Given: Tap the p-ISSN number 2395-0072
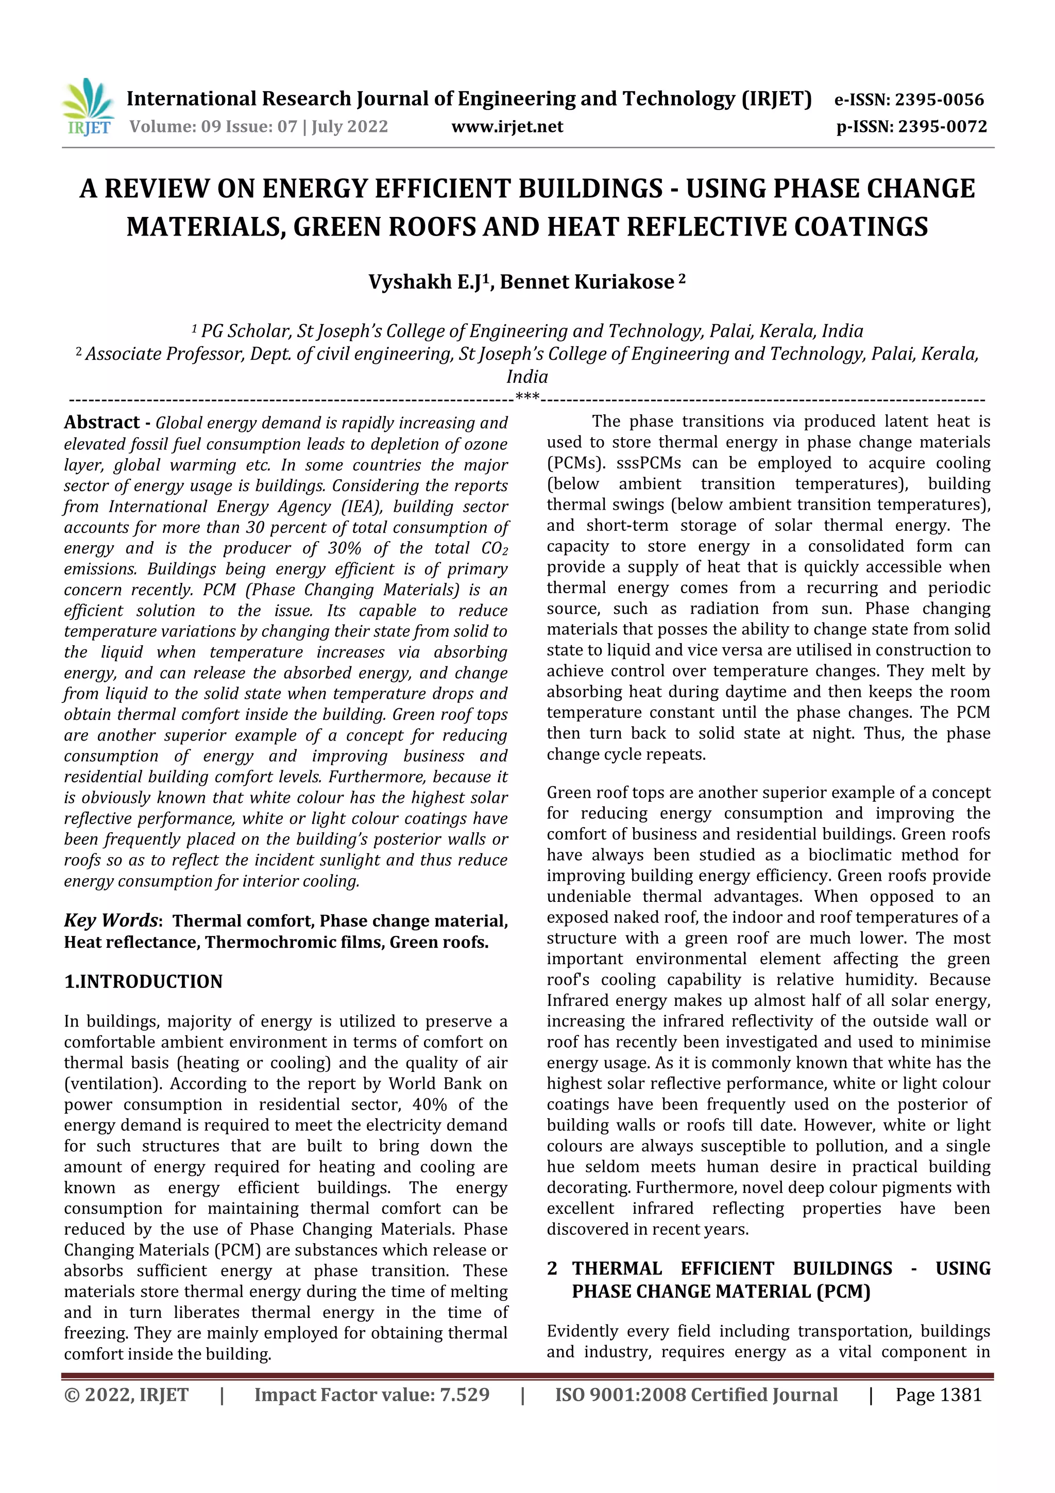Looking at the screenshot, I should [x=943, y=126].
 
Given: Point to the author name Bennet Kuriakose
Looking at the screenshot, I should [x=586, y=281].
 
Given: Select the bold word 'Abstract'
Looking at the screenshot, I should [x=102, y=423].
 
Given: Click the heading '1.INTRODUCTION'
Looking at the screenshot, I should [x=143, y=981].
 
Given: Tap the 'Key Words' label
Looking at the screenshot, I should [x=111, y=920].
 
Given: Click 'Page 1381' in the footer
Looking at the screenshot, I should [x=938, y=1395].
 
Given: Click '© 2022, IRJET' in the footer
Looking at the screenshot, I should [x=126, y=1395].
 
